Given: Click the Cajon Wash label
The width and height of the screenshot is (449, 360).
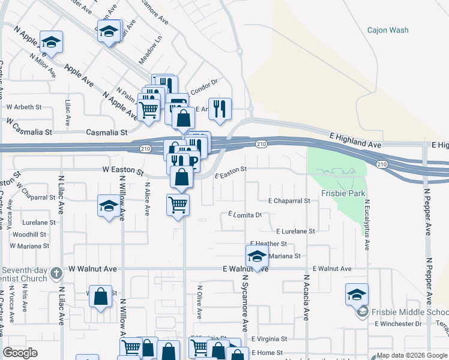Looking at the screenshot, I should tap(388, 30).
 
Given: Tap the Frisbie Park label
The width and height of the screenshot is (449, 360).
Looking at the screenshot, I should tap(343, 194).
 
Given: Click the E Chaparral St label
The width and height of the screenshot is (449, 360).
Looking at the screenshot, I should tap(289, 201).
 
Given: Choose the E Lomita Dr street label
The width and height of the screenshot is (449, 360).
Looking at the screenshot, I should tap(246, 214).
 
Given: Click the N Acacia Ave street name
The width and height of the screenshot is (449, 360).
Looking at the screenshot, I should tap(306, 298).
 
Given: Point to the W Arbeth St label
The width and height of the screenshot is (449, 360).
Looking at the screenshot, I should tap(24, 107).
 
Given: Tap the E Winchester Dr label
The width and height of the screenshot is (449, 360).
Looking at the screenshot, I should tap(398, 324).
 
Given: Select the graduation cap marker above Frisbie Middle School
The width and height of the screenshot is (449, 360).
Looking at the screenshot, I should tap(357, 294).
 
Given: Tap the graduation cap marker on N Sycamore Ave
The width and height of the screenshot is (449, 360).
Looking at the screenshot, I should tap(257, 256).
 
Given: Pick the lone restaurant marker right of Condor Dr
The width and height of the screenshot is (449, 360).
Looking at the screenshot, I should tap(220, 109).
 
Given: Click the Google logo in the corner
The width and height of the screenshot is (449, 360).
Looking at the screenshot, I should tap(20, 353).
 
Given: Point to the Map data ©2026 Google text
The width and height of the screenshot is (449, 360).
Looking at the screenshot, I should tap(412, 355).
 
